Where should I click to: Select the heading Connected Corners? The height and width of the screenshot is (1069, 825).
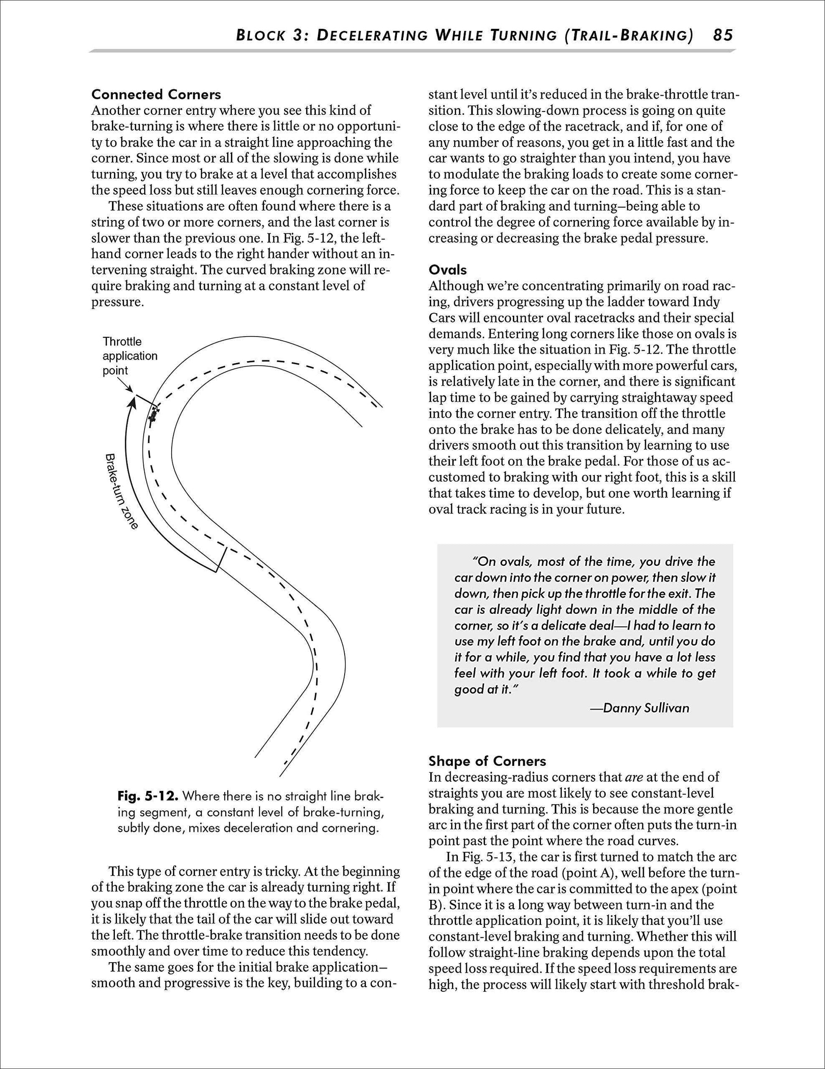156,95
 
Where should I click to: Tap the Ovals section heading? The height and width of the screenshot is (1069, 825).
448,270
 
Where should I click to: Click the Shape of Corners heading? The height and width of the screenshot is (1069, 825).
487,761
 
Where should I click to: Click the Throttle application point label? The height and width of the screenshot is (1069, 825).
130,356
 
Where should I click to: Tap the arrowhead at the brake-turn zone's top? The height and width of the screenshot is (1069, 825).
132,402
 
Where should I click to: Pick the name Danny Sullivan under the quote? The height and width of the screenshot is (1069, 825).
646,708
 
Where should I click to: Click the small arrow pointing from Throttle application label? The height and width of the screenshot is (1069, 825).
127,386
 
